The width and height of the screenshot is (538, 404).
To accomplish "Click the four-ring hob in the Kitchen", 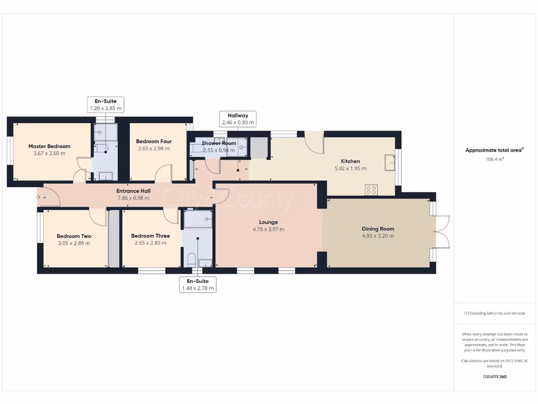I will [x=371, y=190].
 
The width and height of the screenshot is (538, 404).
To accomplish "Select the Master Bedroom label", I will [x=49, y=146].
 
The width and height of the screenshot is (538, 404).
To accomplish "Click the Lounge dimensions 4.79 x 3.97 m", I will [x=268, y=229].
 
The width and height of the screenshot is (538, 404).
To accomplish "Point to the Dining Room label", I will [x=378, y=229].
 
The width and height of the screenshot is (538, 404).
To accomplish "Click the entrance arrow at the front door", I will [x=42, y=198].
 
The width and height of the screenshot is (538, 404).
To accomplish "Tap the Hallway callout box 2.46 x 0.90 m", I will [x=237, y=119].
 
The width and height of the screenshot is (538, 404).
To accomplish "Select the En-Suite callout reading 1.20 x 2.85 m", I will [x=106, y=105].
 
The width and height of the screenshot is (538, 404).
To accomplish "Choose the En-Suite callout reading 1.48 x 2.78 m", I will [x=198, y=284].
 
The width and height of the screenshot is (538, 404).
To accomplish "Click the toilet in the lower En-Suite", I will [x=191, y=260].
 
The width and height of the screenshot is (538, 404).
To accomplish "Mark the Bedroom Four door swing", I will [x=163, y=173].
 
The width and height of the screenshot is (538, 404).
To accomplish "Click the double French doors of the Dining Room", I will [x=443, y=231].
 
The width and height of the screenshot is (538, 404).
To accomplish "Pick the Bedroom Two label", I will [x=74, y=236].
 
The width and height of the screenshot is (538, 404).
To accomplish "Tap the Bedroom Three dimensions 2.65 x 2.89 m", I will [x=150, y=243].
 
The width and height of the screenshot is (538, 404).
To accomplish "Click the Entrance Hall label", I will [x=133, y=191].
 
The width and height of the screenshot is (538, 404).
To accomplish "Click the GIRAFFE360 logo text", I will [x=494, y=377].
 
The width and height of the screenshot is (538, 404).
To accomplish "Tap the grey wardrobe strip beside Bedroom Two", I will [x=114, y=238].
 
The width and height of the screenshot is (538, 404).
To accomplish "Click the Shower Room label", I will [x=219, y=143].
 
